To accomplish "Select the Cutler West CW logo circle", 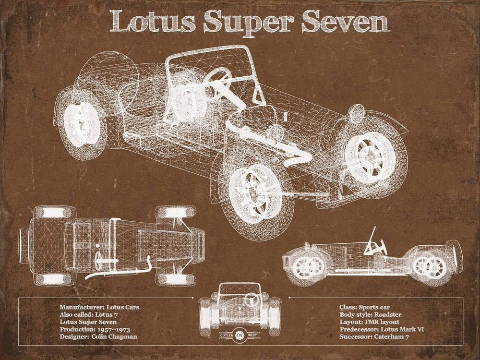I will [x=239, y=334].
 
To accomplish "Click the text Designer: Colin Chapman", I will [x=98, y=337].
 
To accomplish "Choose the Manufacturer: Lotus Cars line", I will [x=99, y=306].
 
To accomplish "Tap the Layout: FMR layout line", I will [x=369, y=322].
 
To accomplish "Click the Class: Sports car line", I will [x=364, y=306].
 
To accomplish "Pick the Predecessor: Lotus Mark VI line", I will [x=382, y=329].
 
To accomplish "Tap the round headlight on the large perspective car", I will [x=356, y=114].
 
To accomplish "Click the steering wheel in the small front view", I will [x=251, y=300].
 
